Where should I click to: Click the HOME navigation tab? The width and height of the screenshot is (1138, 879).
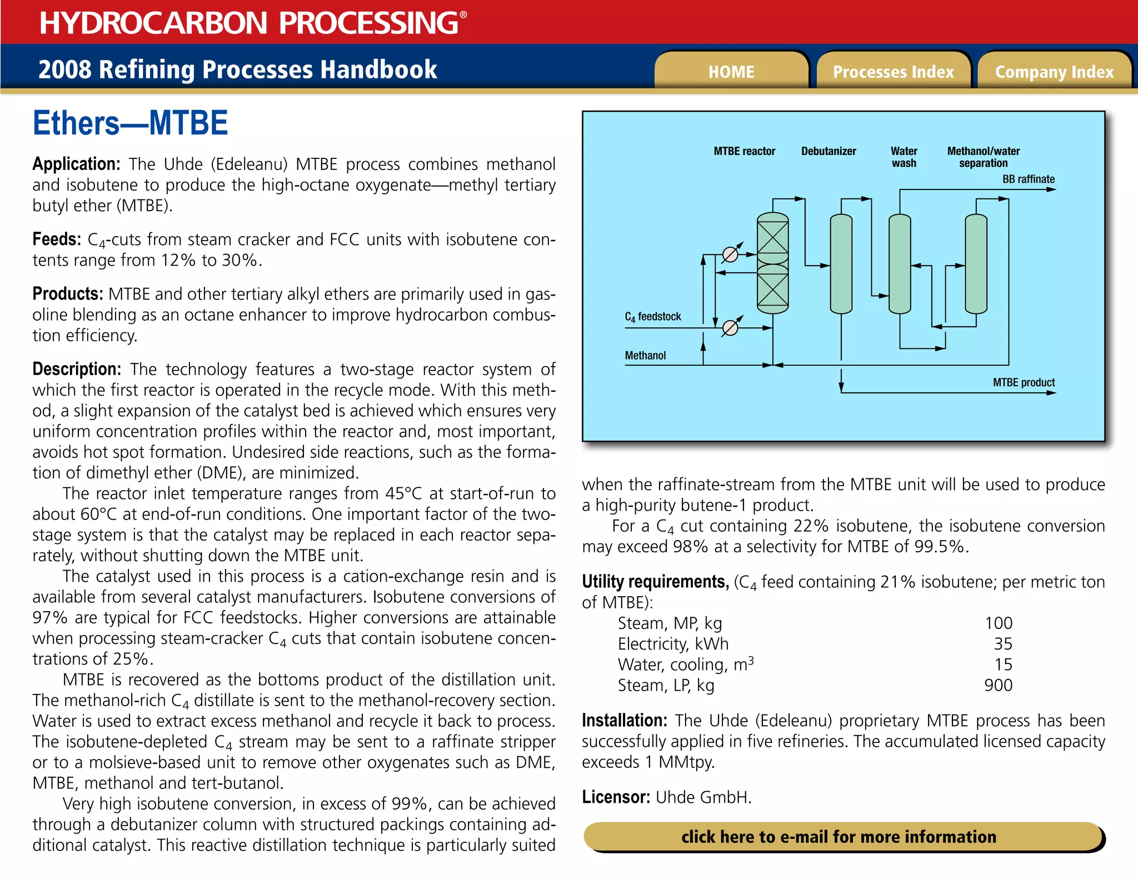point(731,72)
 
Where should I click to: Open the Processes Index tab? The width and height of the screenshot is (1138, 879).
point(893,72)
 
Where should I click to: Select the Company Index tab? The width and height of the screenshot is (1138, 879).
point(1054,72)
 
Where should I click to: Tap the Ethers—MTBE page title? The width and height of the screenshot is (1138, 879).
point(130,123)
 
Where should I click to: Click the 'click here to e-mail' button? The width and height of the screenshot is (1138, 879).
point(839,837)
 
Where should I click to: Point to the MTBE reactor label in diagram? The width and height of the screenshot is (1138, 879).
point(744,151)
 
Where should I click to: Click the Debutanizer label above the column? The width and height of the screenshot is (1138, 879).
point(828,151)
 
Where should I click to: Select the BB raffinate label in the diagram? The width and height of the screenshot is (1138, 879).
point(1028,179)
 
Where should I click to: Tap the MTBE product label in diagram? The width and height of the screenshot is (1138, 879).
point(1024,382)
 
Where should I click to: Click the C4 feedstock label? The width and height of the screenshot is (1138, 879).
point(652,317)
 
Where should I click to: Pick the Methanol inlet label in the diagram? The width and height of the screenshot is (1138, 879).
point(645,356)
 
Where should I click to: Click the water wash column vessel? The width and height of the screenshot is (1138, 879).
point(900,264)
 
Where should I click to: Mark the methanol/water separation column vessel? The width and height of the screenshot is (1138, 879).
point(976,264)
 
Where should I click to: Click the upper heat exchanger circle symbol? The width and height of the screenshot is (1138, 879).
point(730,254)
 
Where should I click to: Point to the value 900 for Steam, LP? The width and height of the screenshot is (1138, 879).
point(998,685)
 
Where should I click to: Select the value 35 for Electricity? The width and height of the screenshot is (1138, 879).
point(1003,644)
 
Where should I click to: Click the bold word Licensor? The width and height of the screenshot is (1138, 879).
point(616,797)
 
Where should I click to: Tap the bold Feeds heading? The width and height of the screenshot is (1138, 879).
point(57,239)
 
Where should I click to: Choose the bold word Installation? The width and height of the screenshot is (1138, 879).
point(624,721)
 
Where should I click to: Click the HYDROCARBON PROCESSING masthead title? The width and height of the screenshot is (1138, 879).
point(249,23)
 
